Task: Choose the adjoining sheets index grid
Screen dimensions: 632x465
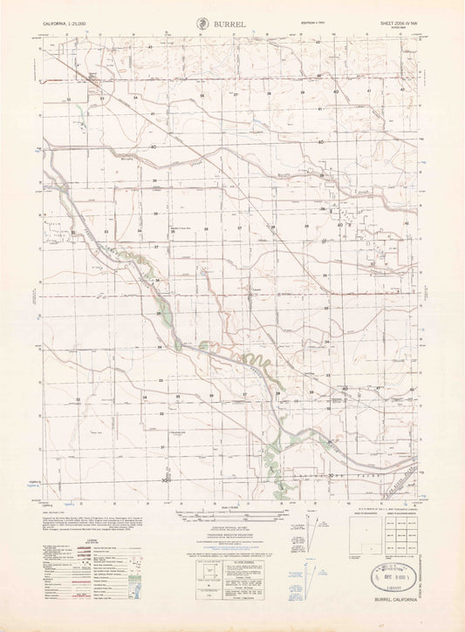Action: [367, 533]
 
